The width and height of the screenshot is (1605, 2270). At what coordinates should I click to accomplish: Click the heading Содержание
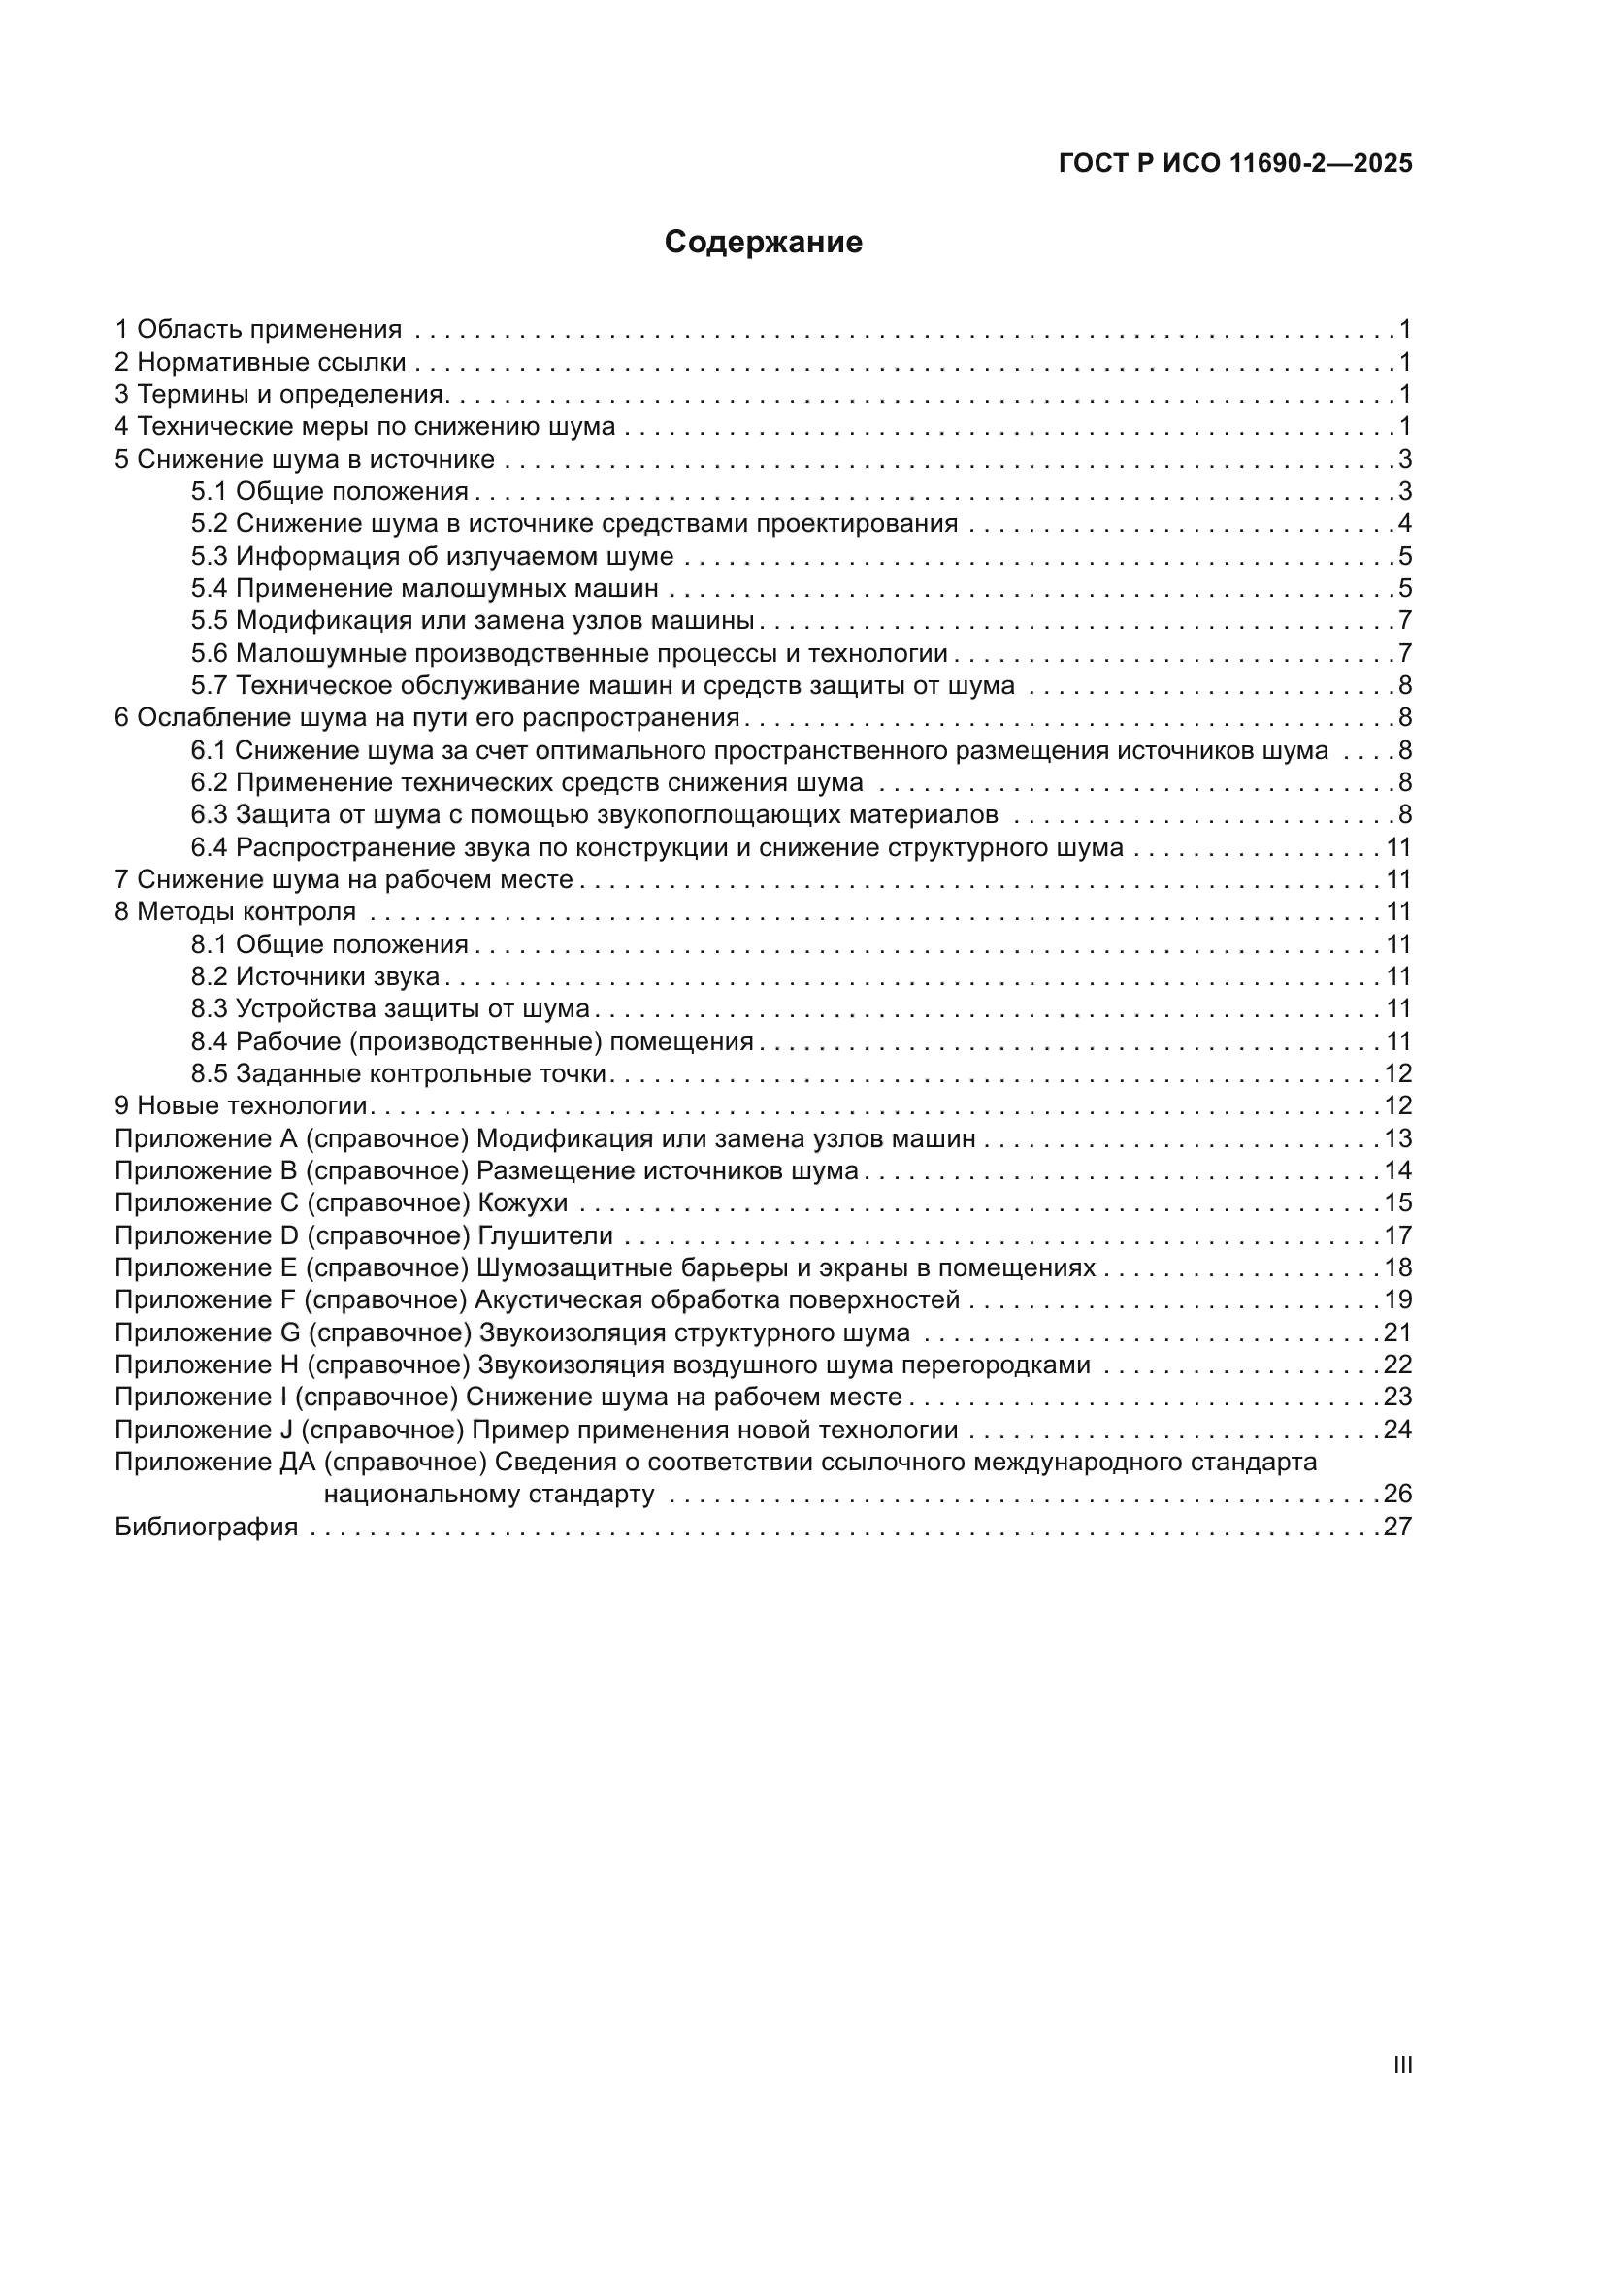(763, 243)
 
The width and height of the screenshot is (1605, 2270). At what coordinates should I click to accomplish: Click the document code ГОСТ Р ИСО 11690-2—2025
(1234, 163)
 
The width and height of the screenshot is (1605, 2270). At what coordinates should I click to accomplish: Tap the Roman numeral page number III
(1401, 2064)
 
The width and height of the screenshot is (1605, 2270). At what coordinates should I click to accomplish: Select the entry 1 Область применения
(258, 329)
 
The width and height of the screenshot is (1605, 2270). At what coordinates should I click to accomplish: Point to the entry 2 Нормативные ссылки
(260, 362)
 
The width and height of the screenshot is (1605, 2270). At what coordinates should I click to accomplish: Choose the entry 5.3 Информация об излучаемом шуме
(432, 556)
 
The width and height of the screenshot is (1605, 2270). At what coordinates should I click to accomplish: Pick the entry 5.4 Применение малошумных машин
(424, 588)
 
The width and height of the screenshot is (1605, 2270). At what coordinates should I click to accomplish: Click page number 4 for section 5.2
(1404, 523)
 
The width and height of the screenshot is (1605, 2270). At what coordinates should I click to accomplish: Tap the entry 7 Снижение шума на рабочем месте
(344, 879)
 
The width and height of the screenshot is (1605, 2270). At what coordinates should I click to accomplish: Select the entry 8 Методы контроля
(235, 910)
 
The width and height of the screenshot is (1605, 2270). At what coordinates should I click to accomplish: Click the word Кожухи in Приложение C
(523, 1202)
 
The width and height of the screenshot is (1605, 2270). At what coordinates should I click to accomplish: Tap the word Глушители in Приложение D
(545, 1234)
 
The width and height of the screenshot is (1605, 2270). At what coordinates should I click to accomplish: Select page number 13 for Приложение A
(1397, 1138)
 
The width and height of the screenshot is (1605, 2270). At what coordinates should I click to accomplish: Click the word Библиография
(207, 1527)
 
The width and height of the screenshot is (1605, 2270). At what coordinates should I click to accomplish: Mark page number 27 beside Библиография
(1397, 1527)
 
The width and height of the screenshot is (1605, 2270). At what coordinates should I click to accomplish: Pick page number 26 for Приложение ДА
(1397, 1493)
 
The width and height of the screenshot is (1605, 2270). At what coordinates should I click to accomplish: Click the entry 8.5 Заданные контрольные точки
(398, 1072)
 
